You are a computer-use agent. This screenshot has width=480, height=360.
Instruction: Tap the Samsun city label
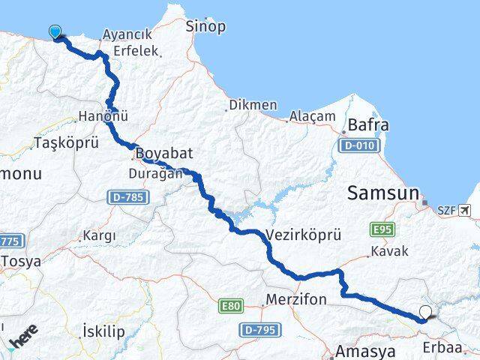click(382, 193)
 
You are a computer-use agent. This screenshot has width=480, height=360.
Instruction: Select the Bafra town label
click(368, 125)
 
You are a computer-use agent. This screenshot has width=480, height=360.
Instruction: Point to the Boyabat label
click(165, 153)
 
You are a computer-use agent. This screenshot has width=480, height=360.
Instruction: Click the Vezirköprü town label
click(298, 234)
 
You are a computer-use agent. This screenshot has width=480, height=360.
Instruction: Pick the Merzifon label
click(297, 299)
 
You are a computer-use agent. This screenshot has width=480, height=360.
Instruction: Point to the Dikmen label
click(253, 105)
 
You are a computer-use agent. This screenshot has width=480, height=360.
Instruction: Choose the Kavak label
click(388, 252)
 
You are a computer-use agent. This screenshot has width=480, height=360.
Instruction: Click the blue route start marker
click(55, 31)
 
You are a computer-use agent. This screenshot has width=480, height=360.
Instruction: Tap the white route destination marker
click(426, 313)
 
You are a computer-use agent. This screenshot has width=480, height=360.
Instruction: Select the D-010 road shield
click(353, 147)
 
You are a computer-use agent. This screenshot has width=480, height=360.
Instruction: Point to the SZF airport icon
click(469, 211)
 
